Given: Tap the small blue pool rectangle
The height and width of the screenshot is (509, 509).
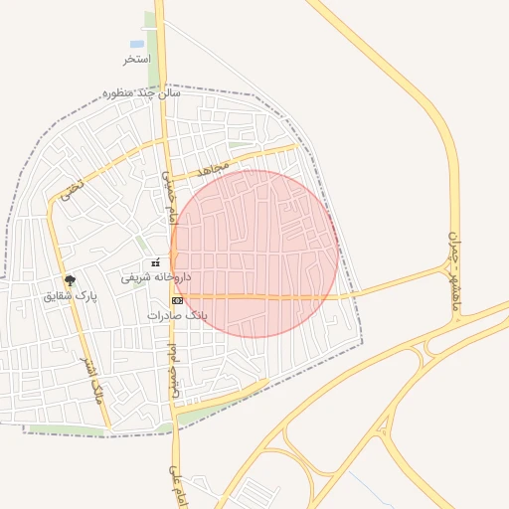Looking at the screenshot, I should point(136,44).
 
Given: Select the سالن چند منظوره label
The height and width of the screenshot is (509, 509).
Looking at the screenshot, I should point(142,93).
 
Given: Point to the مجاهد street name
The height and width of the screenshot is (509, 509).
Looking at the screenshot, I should point(214,170).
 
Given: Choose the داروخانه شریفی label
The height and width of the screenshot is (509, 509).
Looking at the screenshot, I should point(156,277).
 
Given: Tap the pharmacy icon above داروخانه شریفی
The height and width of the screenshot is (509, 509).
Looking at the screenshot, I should point(155,262).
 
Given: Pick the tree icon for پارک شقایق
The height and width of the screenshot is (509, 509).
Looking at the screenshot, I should point(69,280).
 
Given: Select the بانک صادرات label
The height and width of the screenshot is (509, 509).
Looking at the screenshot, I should point(177,314).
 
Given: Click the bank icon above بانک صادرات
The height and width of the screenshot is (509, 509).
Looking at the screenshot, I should point(177,299).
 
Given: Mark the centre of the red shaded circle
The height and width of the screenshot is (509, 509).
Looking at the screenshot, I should point(254,254).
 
